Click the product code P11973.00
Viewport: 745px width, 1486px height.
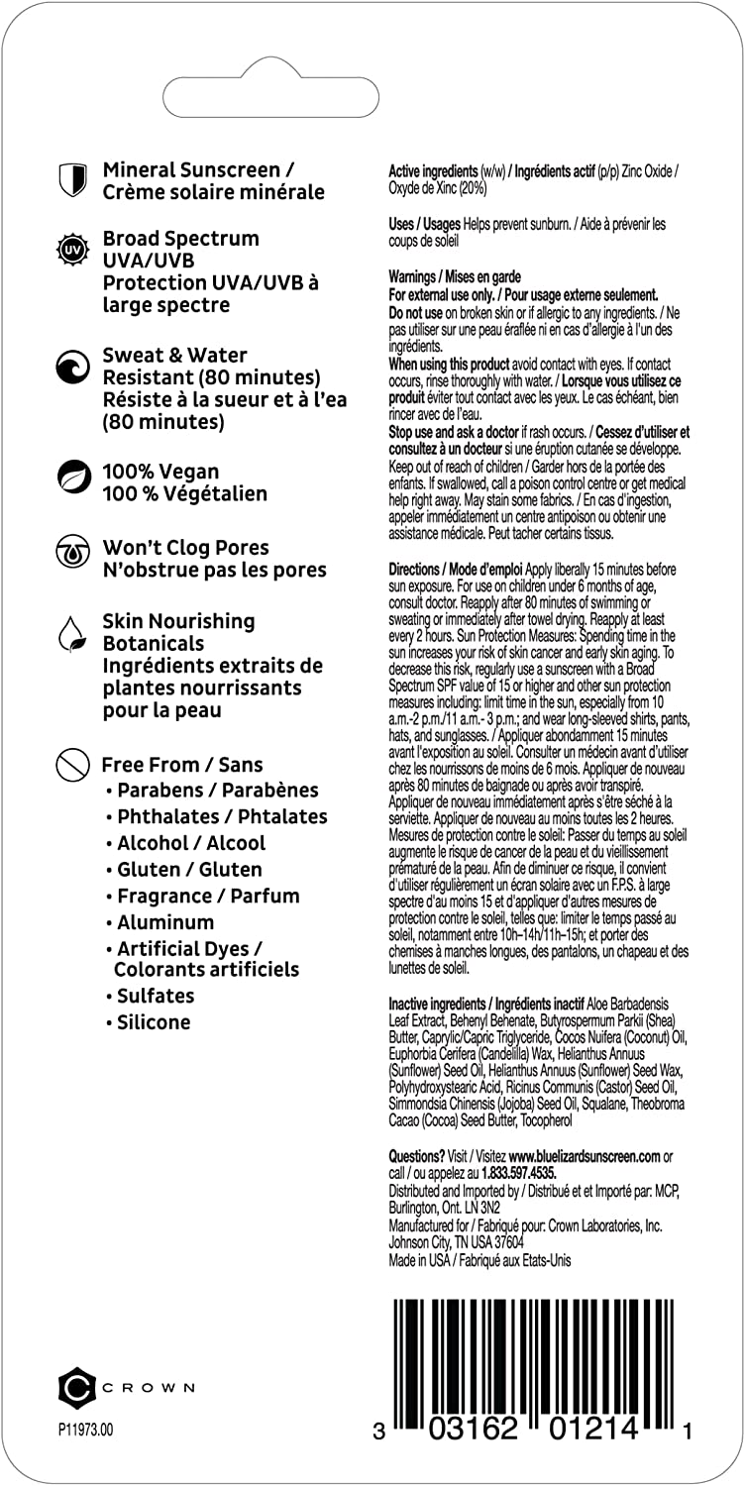point(86,1431)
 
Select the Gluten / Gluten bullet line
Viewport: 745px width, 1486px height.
point(189,870)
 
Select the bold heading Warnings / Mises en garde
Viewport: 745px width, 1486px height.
point(454,277)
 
